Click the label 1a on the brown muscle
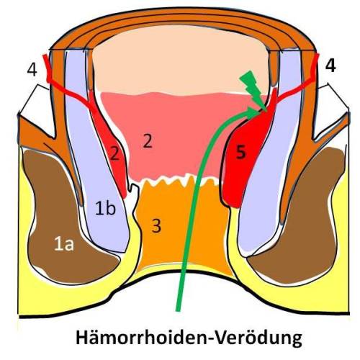64,244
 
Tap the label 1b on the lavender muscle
105,208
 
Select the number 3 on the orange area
156,225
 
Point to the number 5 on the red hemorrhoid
241,153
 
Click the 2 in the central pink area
148,141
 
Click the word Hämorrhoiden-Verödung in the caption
189,337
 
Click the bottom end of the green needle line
178,311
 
